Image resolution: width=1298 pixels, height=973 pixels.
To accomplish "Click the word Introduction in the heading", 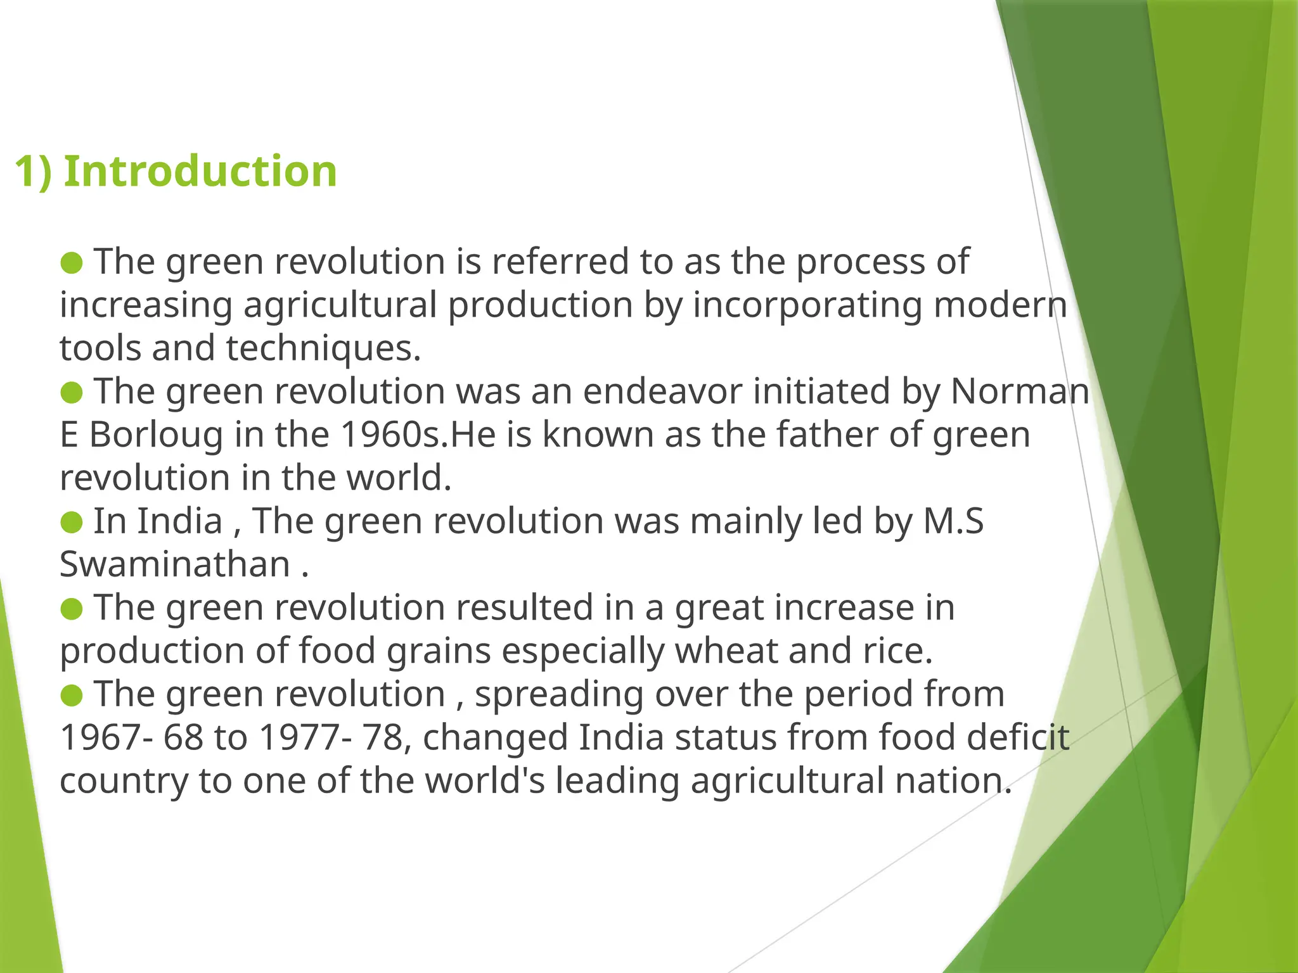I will pyautogui.click(x=200, y=172).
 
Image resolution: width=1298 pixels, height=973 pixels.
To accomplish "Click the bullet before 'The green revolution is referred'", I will pyautogui.click(x=72, y=262).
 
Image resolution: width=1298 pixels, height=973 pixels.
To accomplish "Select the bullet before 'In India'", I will pyautogui.click(x=72, y=522).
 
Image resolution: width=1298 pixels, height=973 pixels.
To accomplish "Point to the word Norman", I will pyautogui.click(x=1020, y=391).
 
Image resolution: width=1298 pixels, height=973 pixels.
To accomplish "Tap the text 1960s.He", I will pyautogui.click(x=418, y=435).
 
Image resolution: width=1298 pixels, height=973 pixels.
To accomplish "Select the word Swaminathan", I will pyautogui.click(x=175, y=564).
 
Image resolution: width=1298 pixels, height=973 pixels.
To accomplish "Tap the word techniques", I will pyautogui.click(x=323, y=348).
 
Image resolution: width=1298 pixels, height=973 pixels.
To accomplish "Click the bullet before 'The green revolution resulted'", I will pyautogui.click(x=72, y=609).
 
